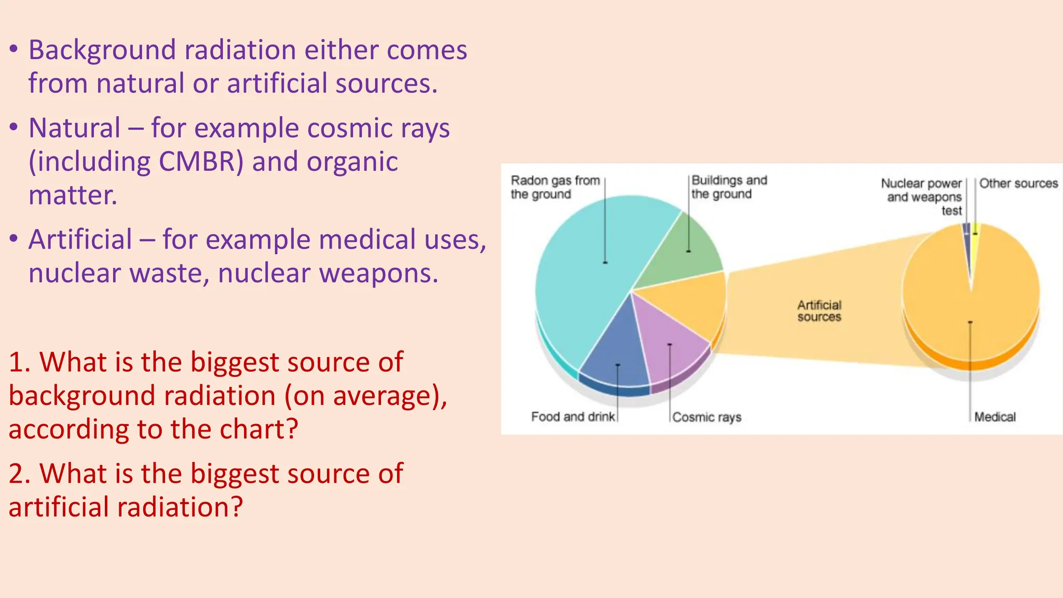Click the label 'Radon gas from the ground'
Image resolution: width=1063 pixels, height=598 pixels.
[x=554, y=187]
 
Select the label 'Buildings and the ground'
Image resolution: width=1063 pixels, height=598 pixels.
[x=729, y=187]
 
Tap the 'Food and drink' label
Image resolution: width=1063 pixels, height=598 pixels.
[x=573, y=417]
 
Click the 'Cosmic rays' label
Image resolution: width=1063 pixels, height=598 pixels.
[x=706, y=417]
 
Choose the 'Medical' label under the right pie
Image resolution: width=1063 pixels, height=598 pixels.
[x=994, y=417]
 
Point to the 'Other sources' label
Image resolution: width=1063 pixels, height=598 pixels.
[x=1018, y=183]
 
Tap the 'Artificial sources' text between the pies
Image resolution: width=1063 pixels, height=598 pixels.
[x=819, y=311]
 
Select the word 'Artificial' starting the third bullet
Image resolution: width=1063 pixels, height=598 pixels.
[x=80, y=240]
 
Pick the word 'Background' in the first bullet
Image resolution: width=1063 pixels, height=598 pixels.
[x=102, y=50]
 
